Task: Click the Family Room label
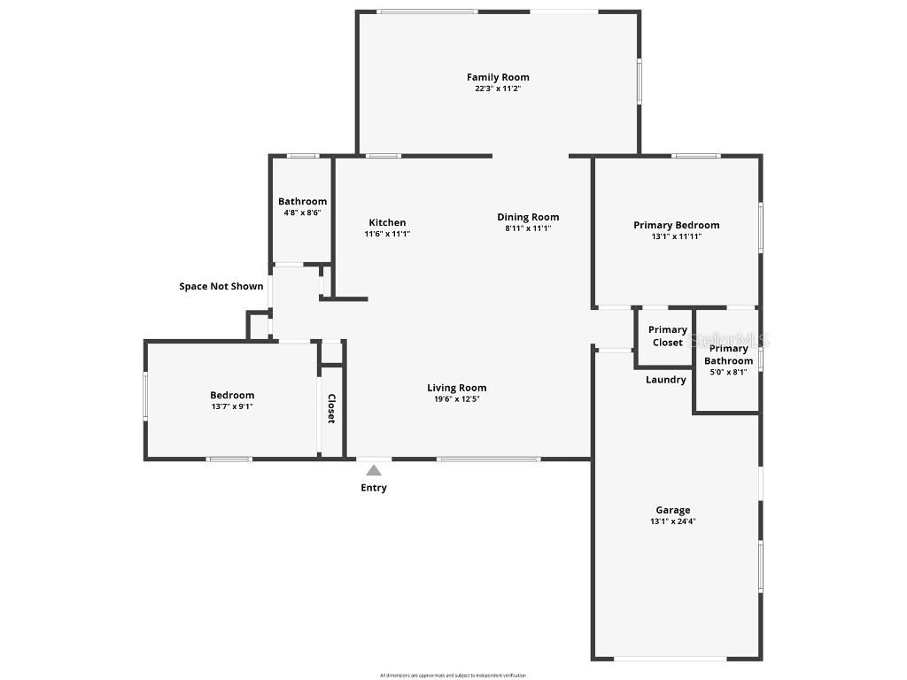tap(498, 77)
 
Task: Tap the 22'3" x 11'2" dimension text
tap(498, 89)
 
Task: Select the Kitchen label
tap(387, 222)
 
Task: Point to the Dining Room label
tap(528, 217)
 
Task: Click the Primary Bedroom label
tap(676, 225)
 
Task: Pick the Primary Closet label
tap(668, 336)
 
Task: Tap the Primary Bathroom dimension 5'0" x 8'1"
tap(728, 372)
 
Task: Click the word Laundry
tap(665, 380)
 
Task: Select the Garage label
tap(672, 510)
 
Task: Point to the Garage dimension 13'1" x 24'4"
tap(672, 522)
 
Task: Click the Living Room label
tap(456, 387)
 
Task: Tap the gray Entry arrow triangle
tap(374, 470)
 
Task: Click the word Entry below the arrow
tap(374, 488)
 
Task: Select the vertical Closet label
tap(331, 408)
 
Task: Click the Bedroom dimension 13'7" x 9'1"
tap(232, 406)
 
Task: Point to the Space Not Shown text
tap(221, 286)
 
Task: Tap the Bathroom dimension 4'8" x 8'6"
tap(302, 212)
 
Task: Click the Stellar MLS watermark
tap(730, 339)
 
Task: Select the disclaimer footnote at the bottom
tap(453, 675)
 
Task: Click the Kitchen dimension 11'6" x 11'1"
tap(387, 234)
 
